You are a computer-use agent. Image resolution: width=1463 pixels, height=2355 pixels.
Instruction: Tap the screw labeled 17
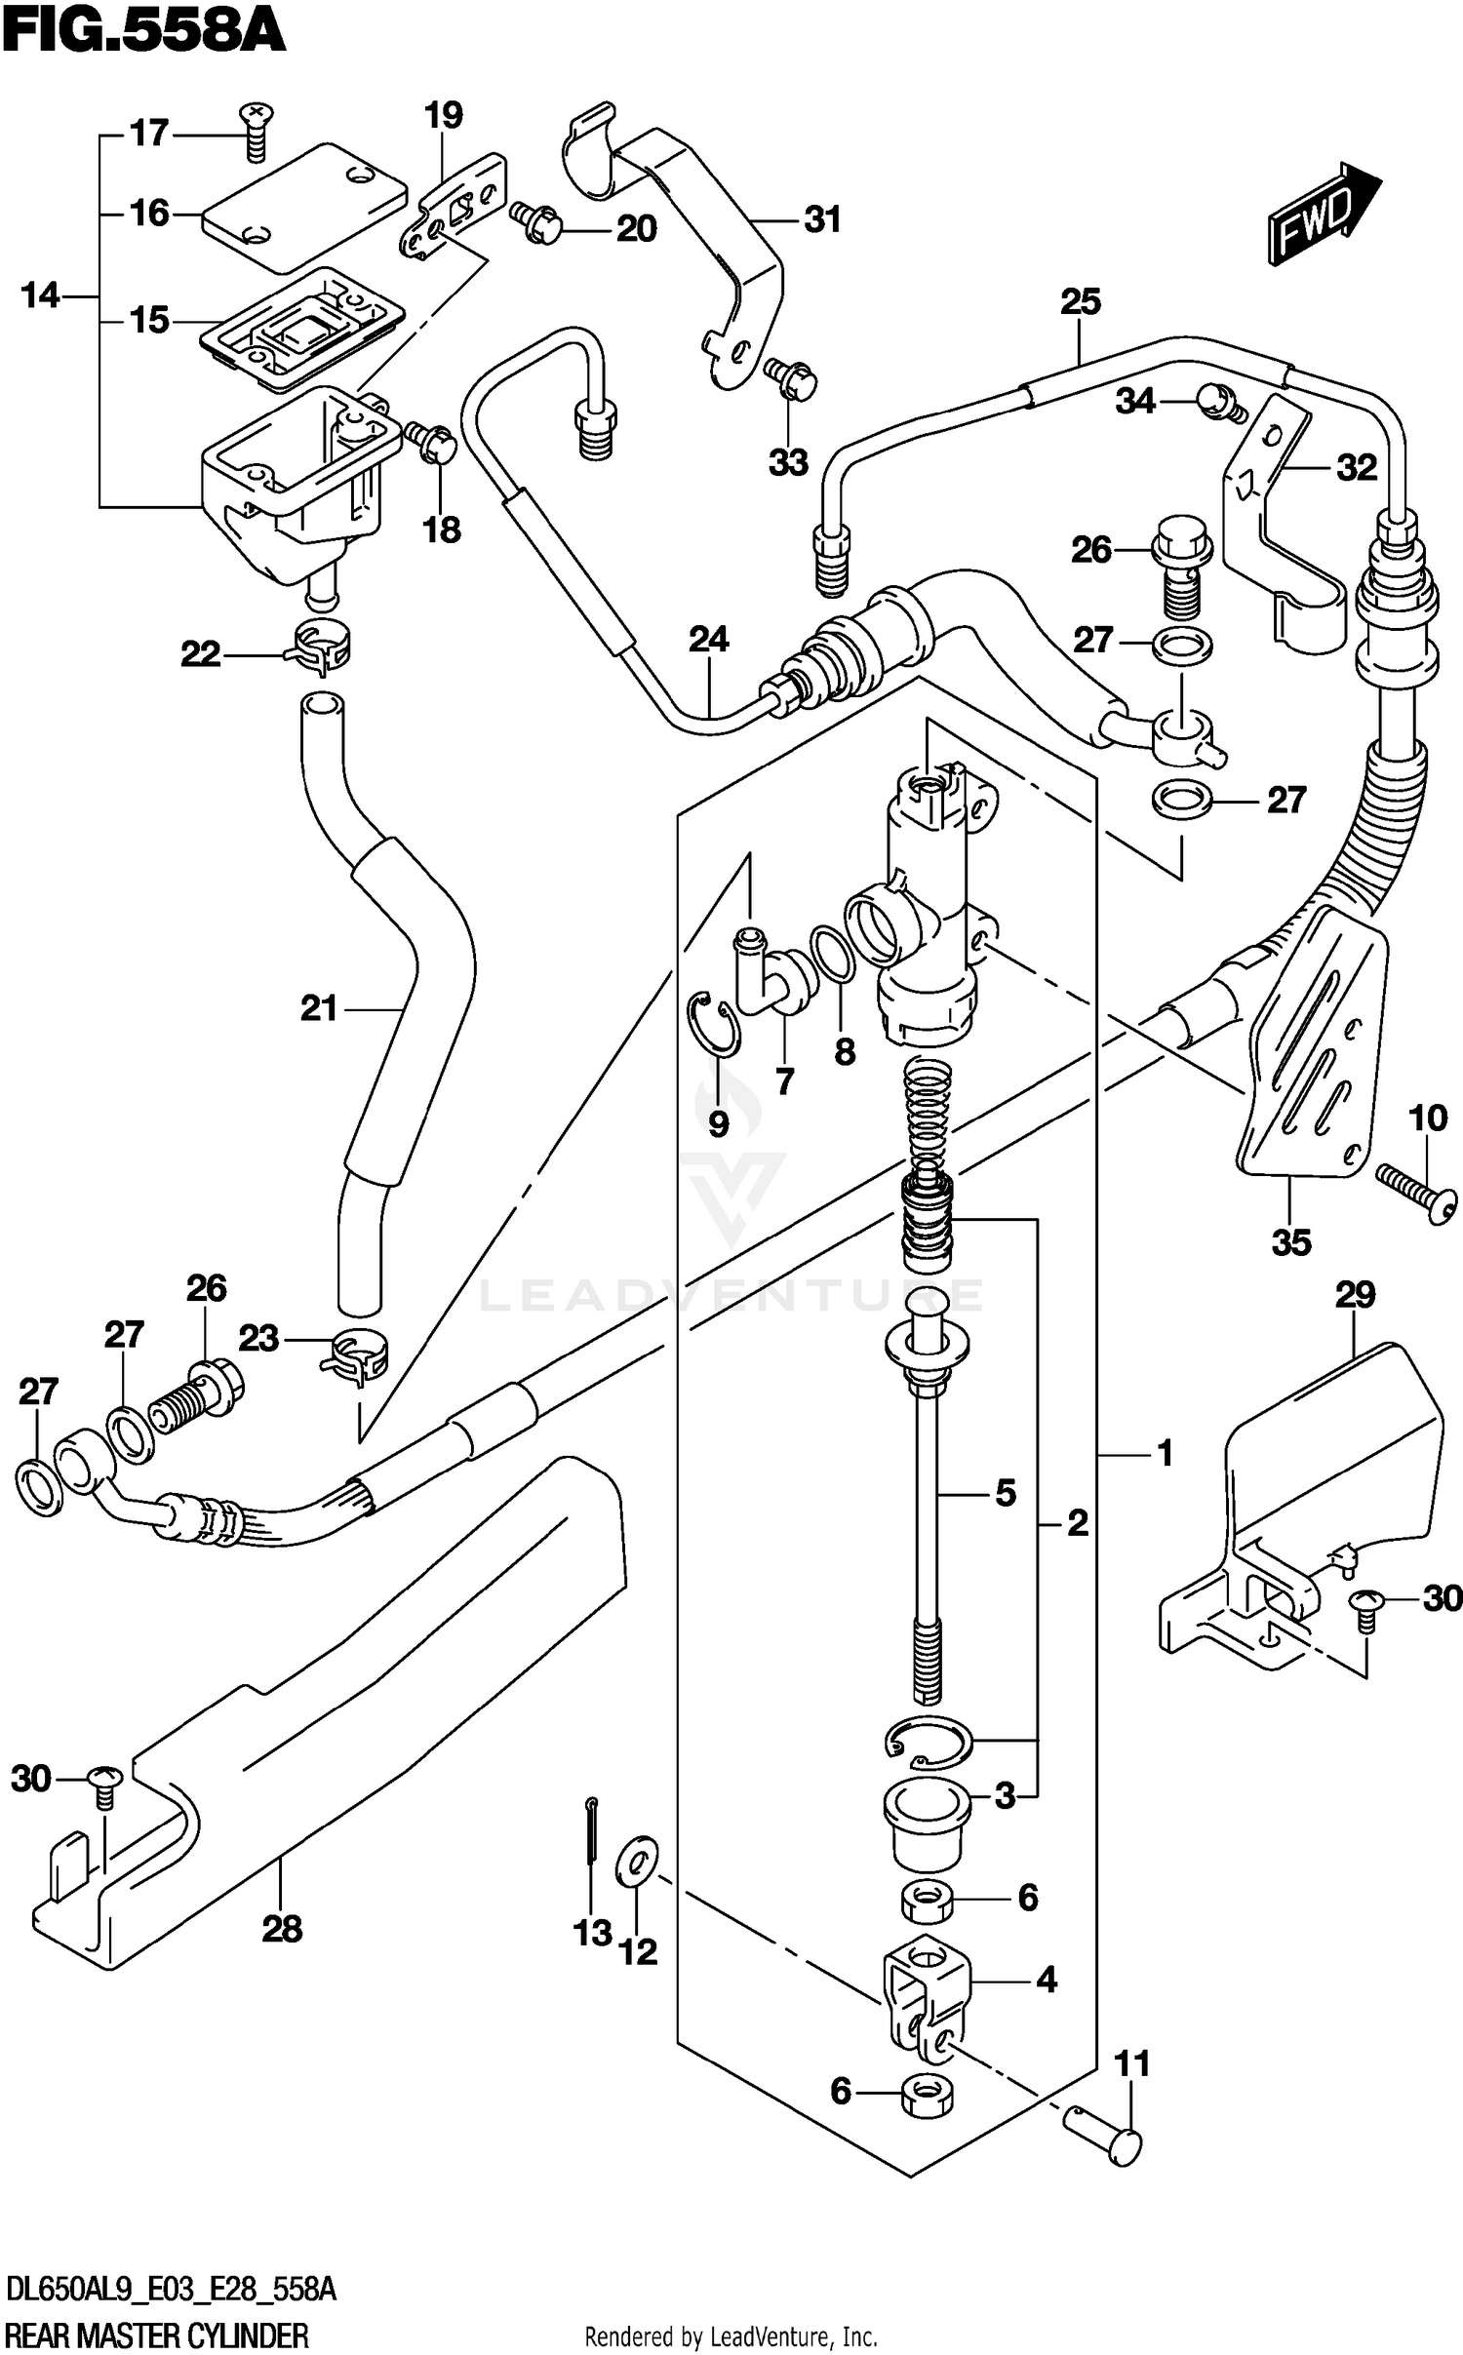click(257, 131)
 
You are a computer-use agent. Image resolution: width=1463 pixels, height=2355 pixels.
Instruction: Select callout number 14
click(40, 294)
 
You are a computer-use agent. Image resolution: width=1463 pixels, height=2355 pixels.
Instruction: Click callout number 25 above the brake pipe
click(1080, 301)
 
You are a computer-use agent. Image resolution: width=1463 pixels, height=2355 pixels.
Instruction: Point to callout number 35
click(1290, 1242)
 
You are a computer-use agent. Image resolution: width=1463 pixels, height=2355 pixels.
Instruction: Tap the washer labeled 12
click(636, 1864)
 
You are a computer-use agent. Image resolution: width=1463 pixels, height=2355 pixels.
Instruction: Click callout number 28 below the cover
click(282, 1928)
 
